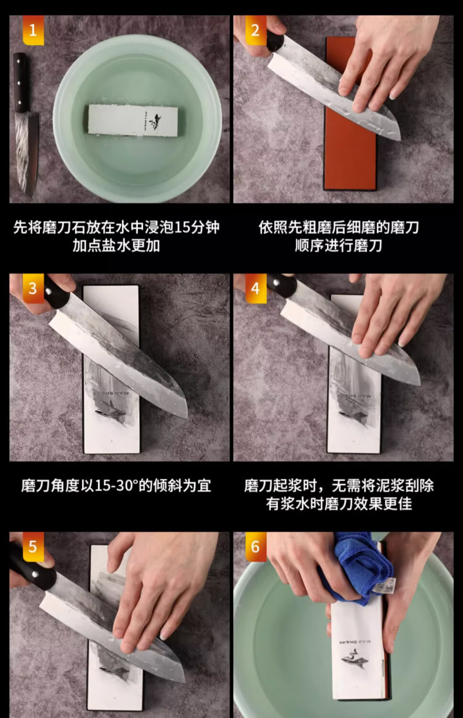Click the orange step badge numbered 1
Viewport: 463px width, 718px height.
coord(33,30)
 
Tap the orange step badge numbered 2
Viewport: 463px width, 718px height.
coord(256,30)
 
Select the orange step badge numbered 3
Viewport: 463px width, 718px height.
coord(33,289)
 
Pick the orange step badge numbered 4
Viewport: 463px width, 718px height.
coord(256,289)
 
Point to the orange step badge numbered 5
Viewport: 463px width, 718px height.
coord(33,547)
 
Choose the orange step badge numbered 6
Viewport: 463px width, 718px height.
coord(256,547)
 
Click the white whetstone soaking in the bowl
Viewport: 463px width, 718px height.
coord(133,120)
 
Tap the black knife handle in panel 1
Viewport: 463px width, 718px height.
coord(20,83)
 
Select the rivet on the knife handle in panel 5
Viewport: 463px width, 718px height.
coord(36,574)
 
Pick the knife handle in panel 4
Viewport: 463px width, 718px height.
coord(282,285)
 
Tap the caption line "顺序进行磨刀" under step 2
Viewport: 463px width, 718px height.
coord(339,246)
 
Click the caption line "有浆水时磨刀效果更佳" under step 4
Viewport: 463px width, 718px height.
coord(339,504)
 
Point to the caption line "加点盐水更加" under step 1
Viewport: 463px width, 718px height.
coord(116,246)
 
